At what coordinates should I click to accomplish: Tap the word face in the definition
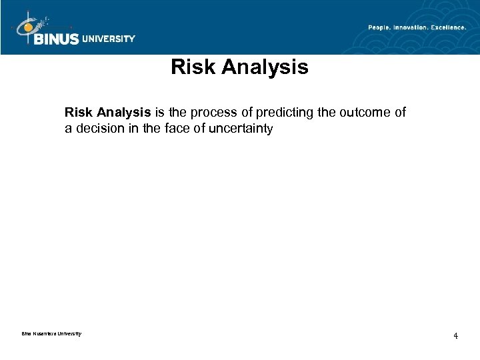pyautogui.click(x=175, y=129)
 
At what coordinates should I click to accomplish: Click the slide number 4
pyautogui.click(x=455, y=335)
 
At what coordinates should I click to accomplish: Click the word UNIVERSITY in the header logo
pyautogui.click(x=109, y=39)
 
